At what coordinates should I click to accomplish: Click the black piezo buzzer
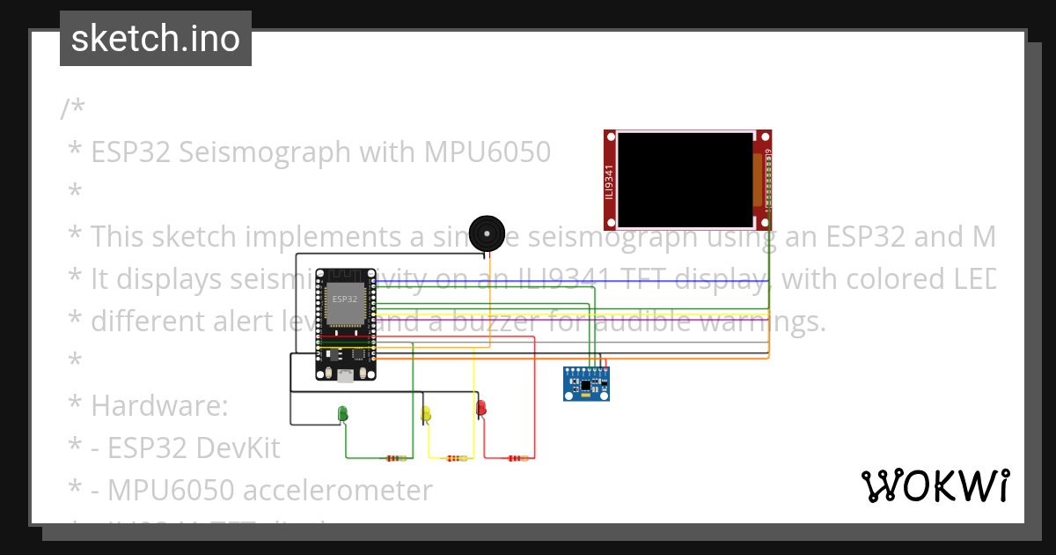pyautogui.click(x=486, y=233)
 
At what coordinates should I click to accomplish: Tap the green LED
pyautogui.click(x=343, y=412)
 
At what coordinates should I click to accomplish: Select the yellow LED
pyautogui.click(x=426, y=413)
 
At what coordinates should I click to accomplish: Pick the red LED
pyautogui.click(x=480, y=409)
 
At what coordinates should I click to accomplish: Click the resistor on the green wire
pyautogui.click(x=397, y=458)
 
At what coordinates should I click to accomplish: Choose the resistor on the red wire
pyautogui.click(x=517, y=458)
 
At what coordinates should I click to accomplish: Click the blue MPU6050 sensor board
pyautogui.click(x=586, y=384)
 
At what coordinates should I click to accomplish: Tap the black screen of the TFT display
pyautogui.click(x=685, y=179)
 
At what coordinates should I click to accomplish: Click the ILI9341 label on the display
pyautogui.click(x=609, y=182)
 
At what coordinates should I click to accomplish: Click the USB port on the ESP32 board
pyautogui.click(x=346, y=374)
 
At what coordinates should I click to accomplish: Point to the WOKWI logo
pyautogui.click(x=935, y=485)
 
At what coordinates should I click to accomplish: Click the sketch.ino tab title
pyautogui.click(x=156, y=39)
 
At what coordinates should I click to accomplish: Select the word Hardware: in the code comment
pyautogui.click(x=159, y=406)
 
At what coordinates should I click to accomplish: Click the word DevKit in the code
pyautogui.click(x=238, y=448)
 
